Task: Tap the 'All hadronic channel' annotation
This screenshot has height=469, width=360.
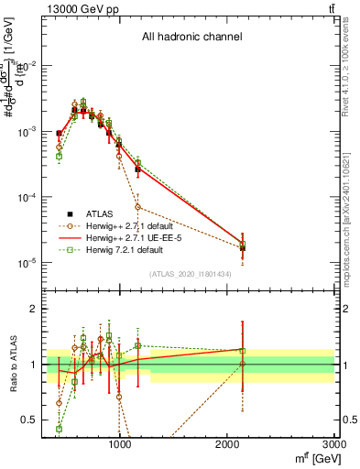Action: tap(191, 37)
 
